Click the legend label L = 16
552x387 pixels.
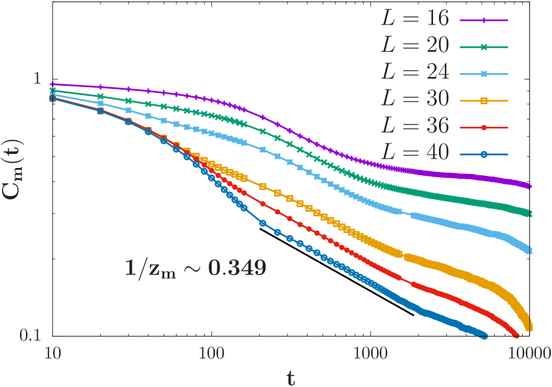pos(415,19)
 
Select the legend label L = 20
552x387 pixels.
pos(415,46)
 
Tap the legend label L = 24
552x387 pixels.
pos(415,72)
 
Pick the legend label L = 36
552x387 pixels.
pos(415,126)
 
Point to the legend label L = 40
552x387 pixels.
pos(415,153)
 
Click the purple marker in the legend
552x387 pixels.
pos(484,21)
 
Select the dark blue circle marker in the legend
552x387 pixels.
pos(484,155)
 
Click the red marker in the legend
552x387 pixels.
pos(484,127)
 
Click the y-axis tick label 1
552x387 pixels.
pos(37,78)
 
